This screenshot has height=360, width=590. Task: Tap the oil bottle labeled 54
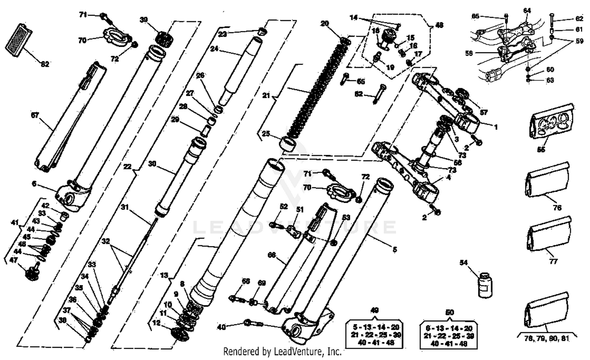[x=483, y=284]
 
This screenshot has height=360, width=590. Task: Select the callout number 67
[x=35, y=115]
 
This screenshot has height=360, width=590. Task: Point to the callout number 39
[x=144, y=20]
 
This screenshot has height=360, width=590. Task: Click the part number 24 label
[x=214, y=49]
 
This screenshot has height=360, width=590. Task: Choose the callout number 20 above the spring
[x=324, y=24]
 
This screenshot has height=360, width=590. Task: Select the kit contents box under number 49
[x=375, y=335]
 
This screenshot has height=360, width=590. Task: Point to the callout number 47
[x=13, y=260]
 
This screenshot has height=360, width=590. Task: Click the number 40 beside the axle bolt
[x=222, y=326]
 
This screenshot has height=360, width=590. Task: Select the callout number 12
[x=157, y=323]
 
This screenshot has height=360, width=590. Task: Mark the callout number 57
[x=483, y=112]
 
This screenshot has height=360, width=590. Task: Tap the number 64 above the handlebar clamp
[x=527, y=10]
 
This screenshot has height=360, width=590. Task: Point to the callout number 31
[x=125, y=207]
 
